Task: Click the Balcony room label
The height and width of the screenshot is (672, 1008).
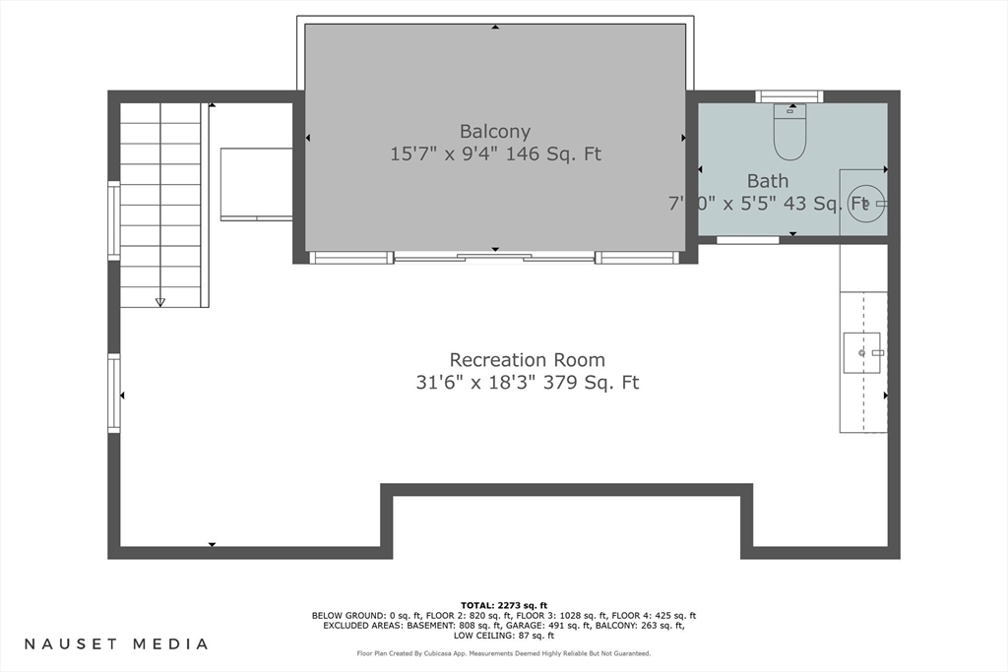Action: pyautogui.click(x=495, y=131)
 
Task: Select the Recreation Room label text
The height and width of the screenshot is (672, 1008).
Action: pyautogui.click(x=528, y=360)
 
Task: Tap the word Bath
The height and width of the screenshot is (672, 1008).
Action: pyautogui.click(x=768, y=180)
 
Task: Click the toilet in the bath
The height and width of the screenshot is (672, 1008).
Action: pyautogui.click(x=790, y=132)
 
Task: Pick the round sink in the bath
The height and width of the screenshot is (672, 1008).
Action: pyautogui.click(x=865, y=204)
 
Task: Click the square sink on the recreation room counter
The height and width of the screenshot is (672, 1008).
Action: pyautogui.click(x=862, y=352)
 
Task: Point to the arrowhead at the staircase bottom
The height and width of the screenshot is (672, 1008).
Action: pyautogui.click(x=160, y=302)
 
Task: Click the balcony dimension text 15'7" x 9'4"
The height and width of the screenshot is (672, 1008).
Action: pyautogui.click(x=444, y=154)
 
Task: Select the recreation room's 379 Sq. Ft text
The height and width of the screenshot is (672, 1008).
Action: pyautogui.click(x=592, y=383)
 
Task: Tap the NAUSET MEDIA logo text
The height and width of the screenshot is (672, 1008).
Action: pyautogui.click(x=116, y=643)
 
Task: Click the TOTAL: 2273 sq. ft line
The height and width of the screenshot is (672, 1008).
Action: pyautogui.click(x=504, y=605)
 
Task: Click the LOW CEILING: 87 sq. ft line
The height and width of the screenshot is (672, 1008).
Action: pyautogui.click(x=504, y=636)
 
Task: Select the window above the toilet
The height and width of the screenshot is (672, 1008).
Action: pyautogui.click(x=788, y=96)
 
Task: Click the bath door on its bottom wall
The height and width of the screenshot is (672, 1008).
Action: pyautogui.click(x=748, y=240)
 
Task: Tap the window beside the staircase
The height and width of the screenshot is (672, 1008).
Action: pyautogui.click(x=114, y=221)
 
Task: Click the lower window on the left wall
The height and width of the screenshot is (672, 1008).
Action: pyautogui.click(x=114, y=394)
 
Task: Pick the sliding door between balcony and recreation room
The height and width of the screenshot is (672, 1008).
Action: pyautogui.click(x=494, y=258)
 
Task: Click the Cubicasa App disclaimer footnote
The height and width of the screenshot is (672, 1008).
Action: pyautogui.click(x=504, y=653)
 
